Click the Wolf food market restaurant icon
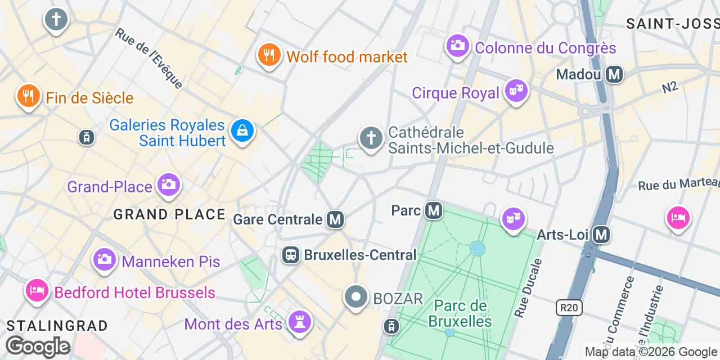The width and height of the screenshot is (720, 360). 269,55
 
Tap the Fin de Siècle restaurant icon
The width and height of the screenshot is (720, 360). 28,96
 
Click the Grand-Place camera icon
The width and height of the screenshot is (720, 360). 168,184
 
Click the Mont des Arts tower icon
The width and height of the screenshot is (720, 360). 300,322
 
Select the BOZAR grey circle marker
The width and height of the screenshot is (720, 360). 356,297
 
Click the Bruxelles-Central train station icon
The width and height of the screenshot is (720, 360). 291,255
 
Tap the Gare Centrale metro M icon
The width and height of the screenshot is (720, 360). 336,219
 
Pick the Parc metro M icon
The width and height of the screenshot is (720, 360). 433,211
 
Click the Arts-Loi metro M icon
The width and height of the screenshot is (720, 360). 601,234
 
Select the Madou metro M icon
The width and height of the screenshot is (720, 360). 614,74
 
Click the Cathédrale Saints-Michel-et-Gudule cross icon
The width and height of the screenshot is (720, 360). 371,138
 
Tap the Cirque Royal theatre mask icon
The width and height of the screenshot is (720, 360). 516,91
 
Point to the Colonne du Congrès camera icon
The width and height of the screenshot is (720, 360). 458,46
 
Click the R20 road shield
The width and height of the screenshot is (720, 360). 569,307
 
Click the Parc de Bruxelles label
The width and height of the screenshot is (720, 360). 460,314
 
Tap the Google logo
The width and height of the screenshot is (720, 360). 38,346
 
